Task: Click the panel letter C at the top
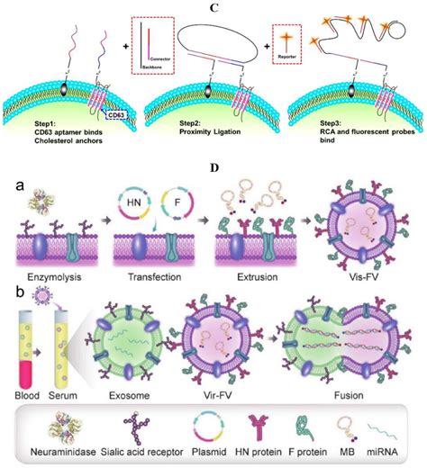[x=213, y=7]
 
